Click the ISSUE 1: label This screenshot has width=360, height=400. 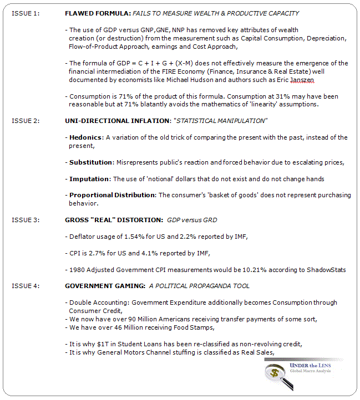click(26, 13)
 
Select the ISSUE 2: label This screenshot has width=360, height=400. click(26, 120)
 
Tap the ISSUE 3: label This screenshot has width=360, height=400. click(26, 220)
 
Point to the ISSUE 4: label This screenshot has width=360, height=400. click(26, 286)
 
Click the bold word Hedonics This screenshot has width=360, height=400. click(85, 137)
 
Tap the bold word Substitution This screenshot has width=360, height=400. click(91, 162)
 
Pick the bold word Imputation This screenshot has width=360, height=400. click(89, 179)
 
